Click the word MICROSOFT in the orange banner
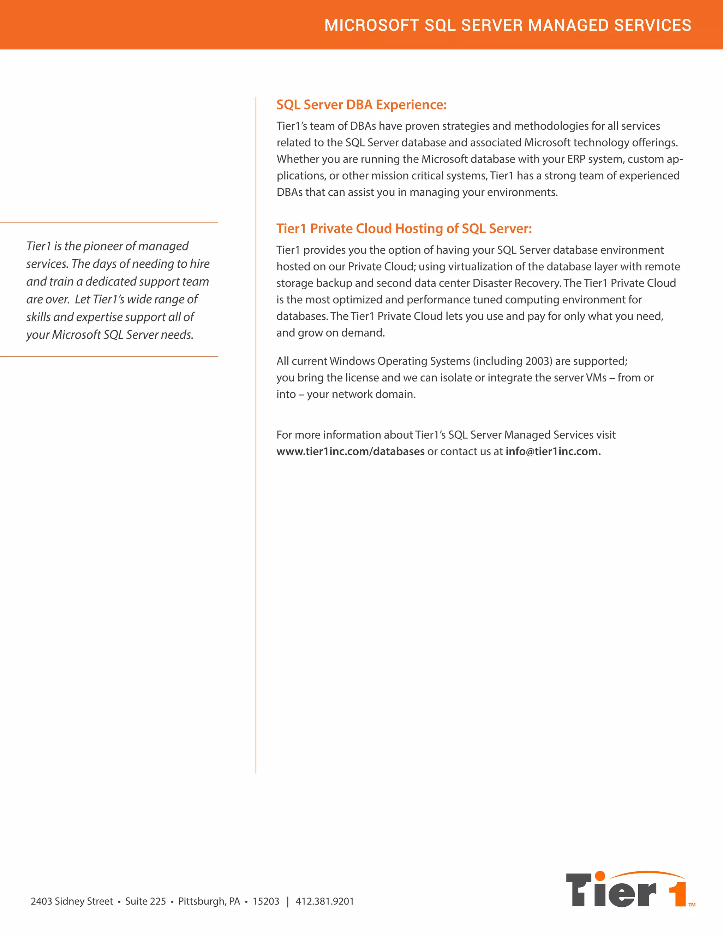tap(371, 25)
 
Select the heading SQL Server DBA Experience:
tap(361, 105)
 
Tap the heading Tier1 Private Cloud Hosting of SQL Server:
tap(404, 229)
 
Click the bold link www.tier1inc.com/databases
tap(350, 451)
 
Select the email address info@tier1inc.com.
tap(552, 451)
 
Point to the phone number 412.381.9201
tap(325, 901)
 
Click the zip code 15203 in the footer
tap(265, 901)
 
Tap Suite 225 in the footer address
tap(145, 901)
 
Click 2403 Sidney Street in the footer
tap(72, 901)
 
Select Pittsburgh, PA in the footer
tap(209, 901)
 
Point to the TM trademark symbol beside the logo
tap(692, 905)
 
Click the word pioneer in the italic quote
tap(103, 246)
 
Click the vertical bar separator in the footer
tap(287, 901)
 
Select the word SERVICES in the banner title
tap(652, 25)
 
